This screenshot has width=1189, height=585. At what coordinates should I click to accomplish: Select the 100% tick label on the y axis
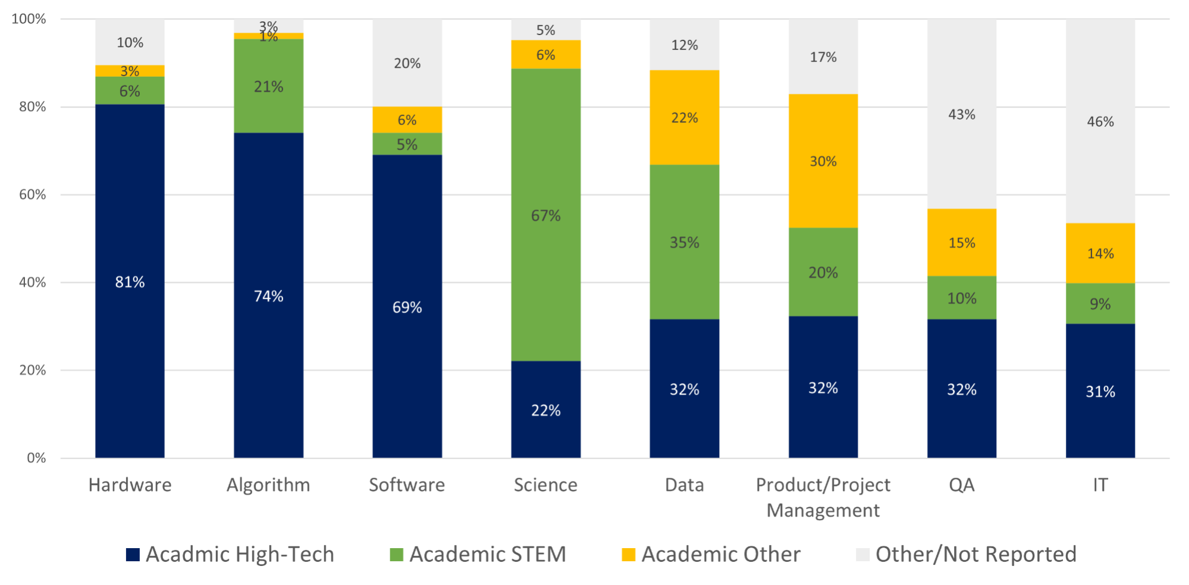coord(29,19)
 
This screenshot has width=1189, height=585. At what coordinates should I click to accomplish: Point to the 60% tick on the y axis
coord(32,195)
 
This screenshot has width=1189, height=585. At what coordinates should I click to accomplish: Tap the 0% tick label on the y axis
coord(36,458)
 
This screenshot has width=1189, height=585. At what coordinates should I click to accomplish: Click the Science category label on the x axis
coord(545,485)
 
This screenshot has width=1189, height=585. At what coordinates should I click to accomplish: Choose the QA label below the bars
coord(962,485)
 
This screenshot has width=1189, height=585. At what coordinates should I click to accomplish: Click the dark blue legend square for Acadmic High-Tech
coord(133,555)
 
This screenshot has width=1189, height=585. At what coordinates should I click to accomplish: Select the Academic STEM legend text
coord(488,555)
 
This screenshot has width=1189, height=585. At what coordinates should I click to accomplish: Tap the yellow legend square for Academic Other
coord(628,555)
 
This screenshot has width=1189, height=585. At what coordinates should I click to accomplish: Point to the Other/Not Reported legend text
coord(976,555)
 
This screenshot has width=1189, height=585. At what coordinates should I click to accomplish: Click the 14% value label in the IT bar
coord(1100,254)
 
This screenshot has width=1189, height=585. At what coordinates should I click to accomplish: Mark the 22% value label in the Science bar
coord(545,410)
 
